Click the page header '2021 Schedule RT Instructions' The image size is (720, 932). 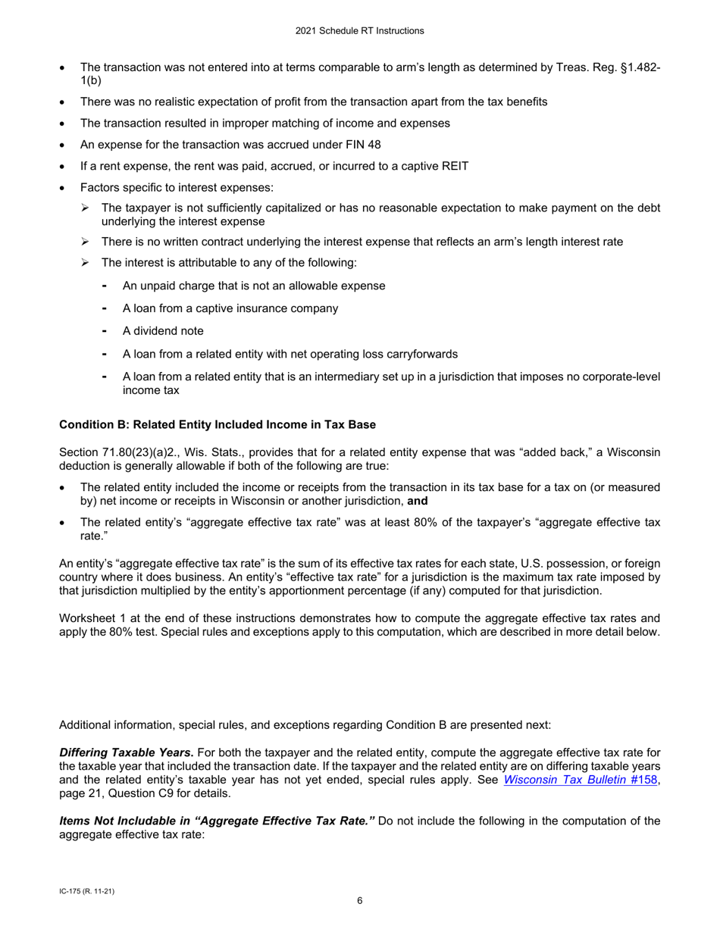click(x=359, y=31)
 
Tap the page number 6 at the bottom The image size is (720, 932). click(x=360, y=901)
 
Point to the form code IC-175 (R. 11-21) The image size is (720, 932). click(x=86, y=890)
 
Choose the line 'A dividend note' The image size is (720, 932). click(x=162, y=331)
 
